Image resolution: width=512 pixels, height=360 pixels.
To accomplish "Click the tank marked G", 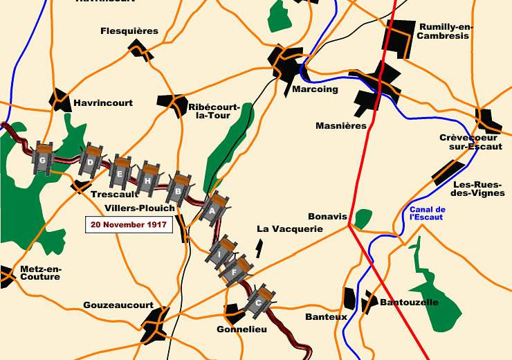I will (44, 161).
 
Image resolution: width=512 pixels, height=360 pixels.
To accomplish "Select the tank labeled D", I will (91, 163).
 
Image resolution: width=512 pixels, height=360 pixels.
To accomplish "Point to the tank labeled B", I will (179, 188).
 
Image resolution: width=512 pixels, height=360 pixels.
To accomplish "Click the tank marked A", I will (213, 207).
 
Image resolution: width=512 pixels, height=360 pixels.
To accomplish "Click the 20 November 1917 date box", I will (128, 224).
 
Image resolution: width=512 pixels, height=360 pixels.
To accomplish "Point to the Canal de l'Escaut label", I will (428, 213).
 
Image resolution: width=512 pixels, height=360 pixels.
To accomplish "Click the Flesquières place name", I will (129, 31).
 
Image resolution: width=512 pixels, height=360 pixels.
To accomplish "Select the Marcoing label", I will (316, 89).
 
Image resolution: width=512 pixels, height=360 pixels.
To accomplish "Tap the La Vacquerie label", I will (290, 228).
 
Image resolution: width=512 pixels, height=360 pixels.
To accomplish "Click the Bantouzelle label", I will (409, 303).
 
